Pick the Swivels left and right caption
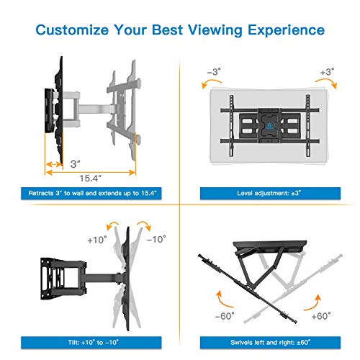[x=269, y=340]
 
